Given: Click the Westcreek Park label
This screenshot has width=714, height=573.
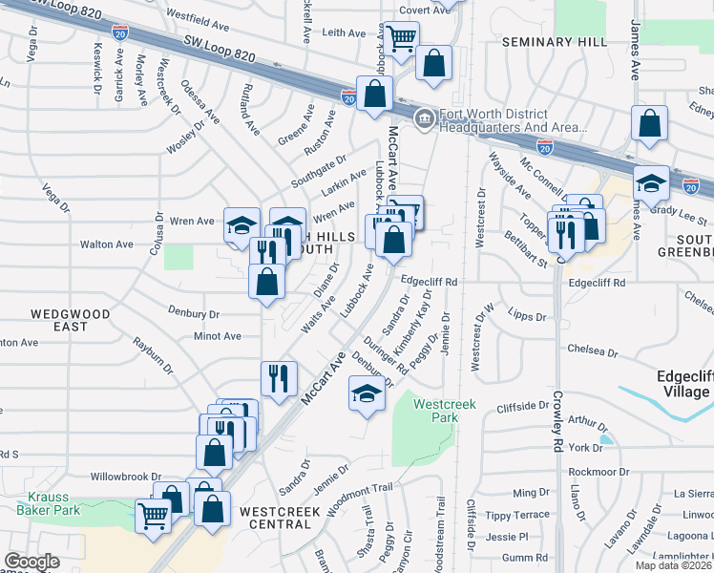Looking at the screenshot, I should (437, 412).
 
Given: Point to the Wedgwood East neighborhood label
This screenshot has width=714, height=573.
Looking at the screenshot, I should (70, 320).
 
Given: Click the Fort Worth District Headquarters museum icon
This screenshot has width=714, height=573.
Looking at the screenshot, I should (422, 117).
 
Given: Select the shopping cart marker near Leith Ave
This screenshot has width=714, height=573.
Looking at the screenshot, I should (401, 37).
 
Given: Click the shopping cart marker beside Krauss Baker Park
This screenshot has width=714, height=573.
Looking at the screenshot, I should (154, 516).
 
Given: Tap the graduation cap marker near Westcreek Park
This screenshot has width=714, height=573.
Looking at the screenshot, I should (367, 393).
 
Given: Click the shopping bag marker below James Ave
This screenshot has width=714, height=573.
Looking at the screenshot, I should (649, 123).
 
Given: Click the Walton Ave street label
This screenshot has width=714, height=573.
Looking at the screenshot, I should (107, 244).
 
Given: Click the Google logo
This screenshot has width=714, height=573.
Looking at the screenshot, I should (32, 562).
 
